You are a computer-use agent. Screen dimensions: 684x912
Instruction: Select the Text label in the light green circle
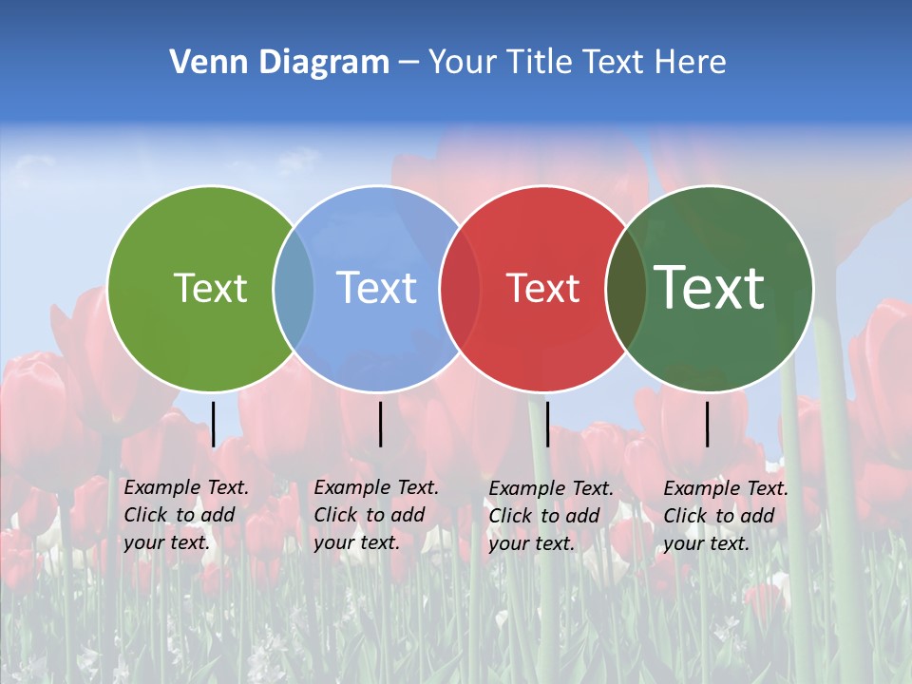click(210, 288)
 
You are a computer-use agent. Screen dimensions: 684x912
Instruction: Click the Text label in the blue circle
click(377, 288)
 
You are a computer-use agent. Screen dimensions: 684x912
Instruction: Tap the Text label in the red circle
click(543, 288)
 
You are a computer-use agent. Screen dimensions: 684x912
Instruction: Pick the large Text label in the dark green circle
click(710, 287)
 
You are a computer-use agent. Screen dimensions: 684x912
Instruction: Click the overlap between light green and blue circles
click(294, 288)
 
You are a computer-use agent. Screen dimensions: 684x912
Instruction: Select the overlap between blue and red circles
click(460, 288)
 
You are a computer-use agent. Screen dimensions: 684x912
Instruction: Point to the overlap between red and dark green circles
click(626, 288)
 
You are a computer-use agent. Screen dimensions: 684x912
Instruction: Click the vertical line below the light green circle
click(214, 424)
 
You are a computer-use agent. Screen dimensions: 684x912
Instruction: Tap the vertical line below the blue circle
click(380, 424)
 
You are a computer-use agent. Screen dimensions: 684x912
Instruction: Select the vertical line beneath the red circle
click(547, 424)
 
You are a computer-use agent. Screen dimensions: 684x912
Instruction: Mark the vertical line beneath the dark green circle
click(707, 424)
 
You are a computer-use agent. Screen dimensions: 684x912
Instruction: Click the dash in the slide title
click(408, 63)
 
